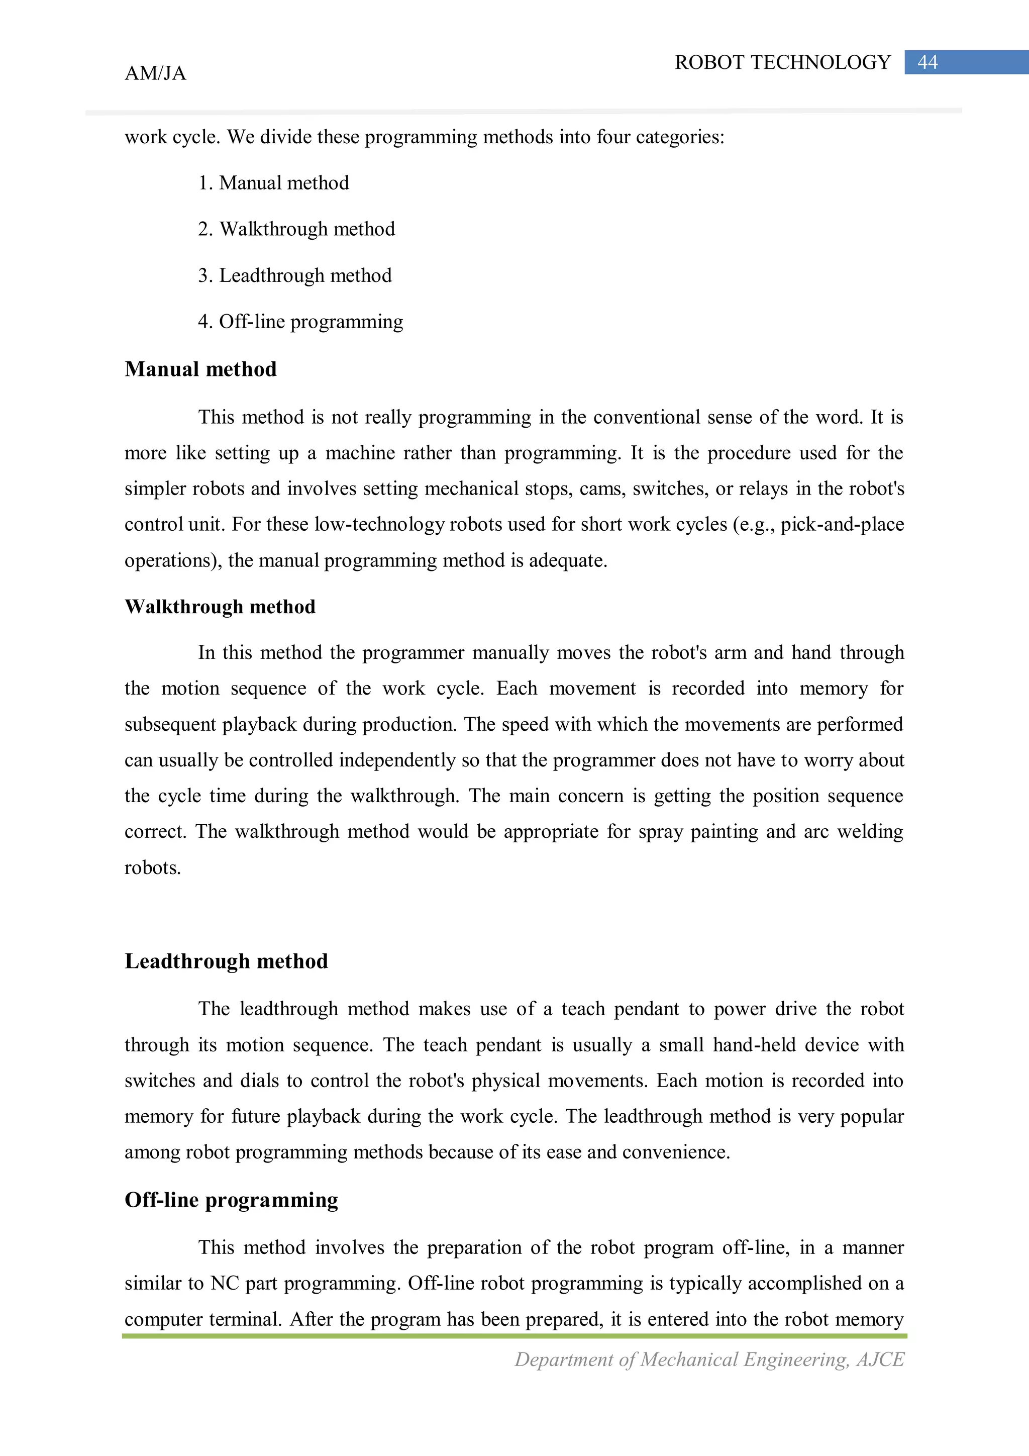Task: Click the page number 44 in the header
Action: (927, 62)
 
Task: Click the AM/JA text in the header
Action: (155, 73)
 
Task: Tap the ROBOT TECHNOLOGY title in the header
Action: (782, 62)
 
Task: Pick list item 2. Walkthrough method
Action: (296, 229)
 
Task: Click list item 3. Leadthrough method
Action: (294, 275)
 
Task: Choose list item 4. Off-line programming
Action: (300, 322)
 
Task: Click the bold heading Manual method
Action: (200, 369)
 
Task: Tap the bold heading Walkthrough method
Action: (220, 607)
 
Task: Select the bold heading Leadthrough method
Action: (226, 961)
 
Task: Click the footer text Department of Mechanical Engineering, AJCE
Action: (709, 1359)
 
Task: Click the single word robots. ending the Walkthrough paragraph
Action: (153, 867)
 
